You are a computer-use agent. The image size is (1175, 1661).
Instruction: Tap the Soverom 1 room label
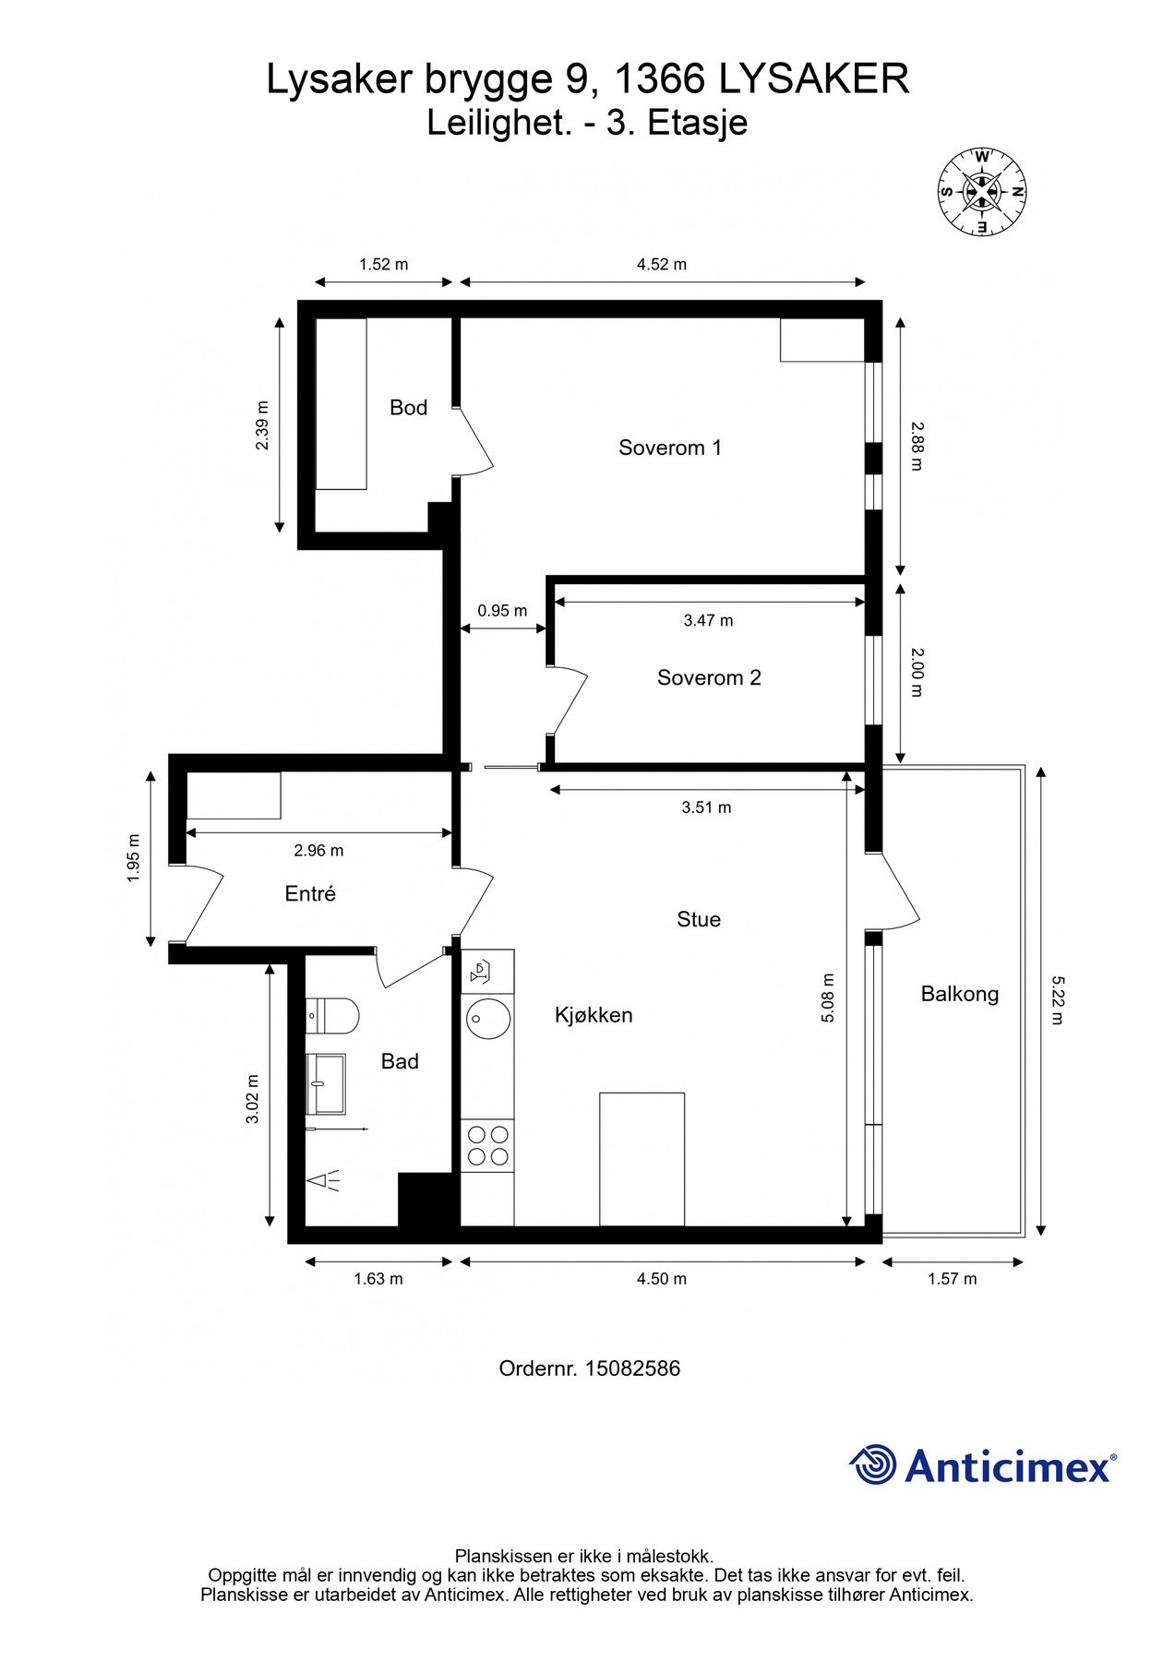[x=670, y=448]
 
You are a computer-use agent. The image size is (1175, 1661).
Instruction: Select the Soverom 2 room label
[x=709, y=677]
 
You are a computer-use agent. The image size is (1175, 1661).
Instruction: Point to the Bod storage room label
[x=408, y=407]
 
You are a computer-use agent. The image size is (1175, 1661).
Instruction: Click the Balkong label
[x=960, y=994]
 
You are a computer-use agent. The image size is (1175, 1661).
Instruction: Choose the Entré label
[x=310, y=893]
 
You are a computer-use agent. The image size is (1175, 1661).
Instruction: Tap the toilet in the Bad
[x=332, y=1016]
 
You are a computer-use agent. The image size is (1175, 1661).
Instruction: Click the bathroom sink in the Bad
[x=326, y=1084]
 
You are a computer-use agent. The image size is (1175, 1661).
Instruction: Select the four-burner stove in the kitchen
[x=487, y=1145]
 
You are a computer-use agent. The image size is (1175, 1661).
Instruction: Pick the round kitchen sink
[x=488, y=1018]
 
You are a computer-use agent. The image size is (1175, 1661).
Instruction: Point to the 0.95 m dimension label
[x=502, y=611]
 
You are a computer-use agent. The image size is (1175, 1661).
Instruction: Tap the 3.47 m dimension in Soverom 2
[x=708, y=620]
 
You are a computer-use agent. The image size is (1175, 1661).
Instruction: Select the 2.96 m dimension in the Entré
[x=318, y=850]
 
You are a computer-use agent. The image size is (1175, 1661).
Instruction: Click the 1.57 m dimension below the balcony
[x=952, y=1279]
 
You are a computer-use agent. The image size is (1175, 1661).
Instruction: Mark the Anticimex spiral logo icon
[x=873, y=1464]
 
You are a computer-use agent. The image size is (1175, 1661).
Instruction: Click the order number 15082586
[x=632, y=1368]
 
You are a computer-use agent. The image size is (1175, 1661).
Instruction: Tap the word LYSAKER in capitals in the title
[x=814, y=79]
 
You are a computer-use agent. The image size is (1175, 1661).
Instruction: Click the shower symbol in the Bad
[x=323, y=1180]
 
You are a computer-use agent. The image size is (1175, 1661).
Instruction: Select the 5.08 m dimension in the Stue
[x=828, y=998]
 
